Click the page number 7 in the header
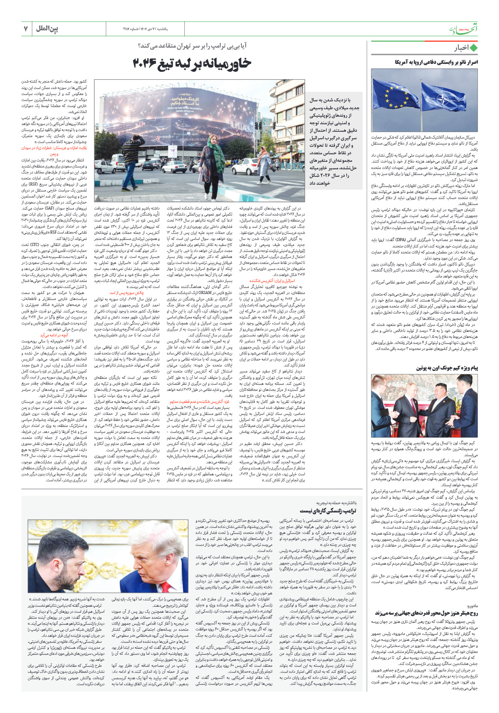coord(26,29)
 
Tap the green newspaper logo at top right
coord(464,29)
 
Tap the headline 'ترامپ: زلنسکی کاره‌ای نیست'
coord(328,511)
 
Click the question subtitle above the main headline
coord(192,46)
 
